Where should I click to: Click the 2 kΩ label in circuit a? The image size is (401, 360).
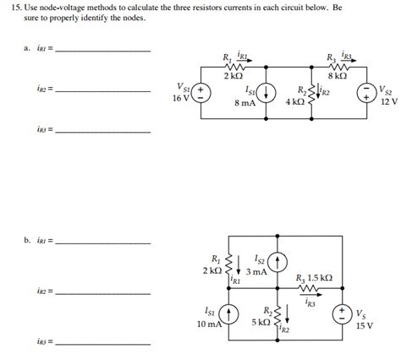click(233, 76)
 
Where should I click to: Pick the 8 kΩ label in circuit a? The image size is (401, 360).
click(337, 76)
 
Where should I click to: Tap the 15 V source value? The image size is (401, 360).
click(365, 325)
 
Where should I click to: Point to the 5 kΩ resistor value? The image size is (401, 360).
click(261, 323)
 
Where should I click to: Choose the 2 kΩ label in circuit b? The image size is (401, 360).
click(211, 270)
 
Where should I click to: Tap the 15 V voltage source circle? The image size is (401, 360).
click(344, 314)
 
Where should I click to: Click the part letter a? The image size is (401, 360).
click(27, 48)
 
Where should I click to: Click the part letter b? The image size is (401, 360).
click(27, 240)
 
